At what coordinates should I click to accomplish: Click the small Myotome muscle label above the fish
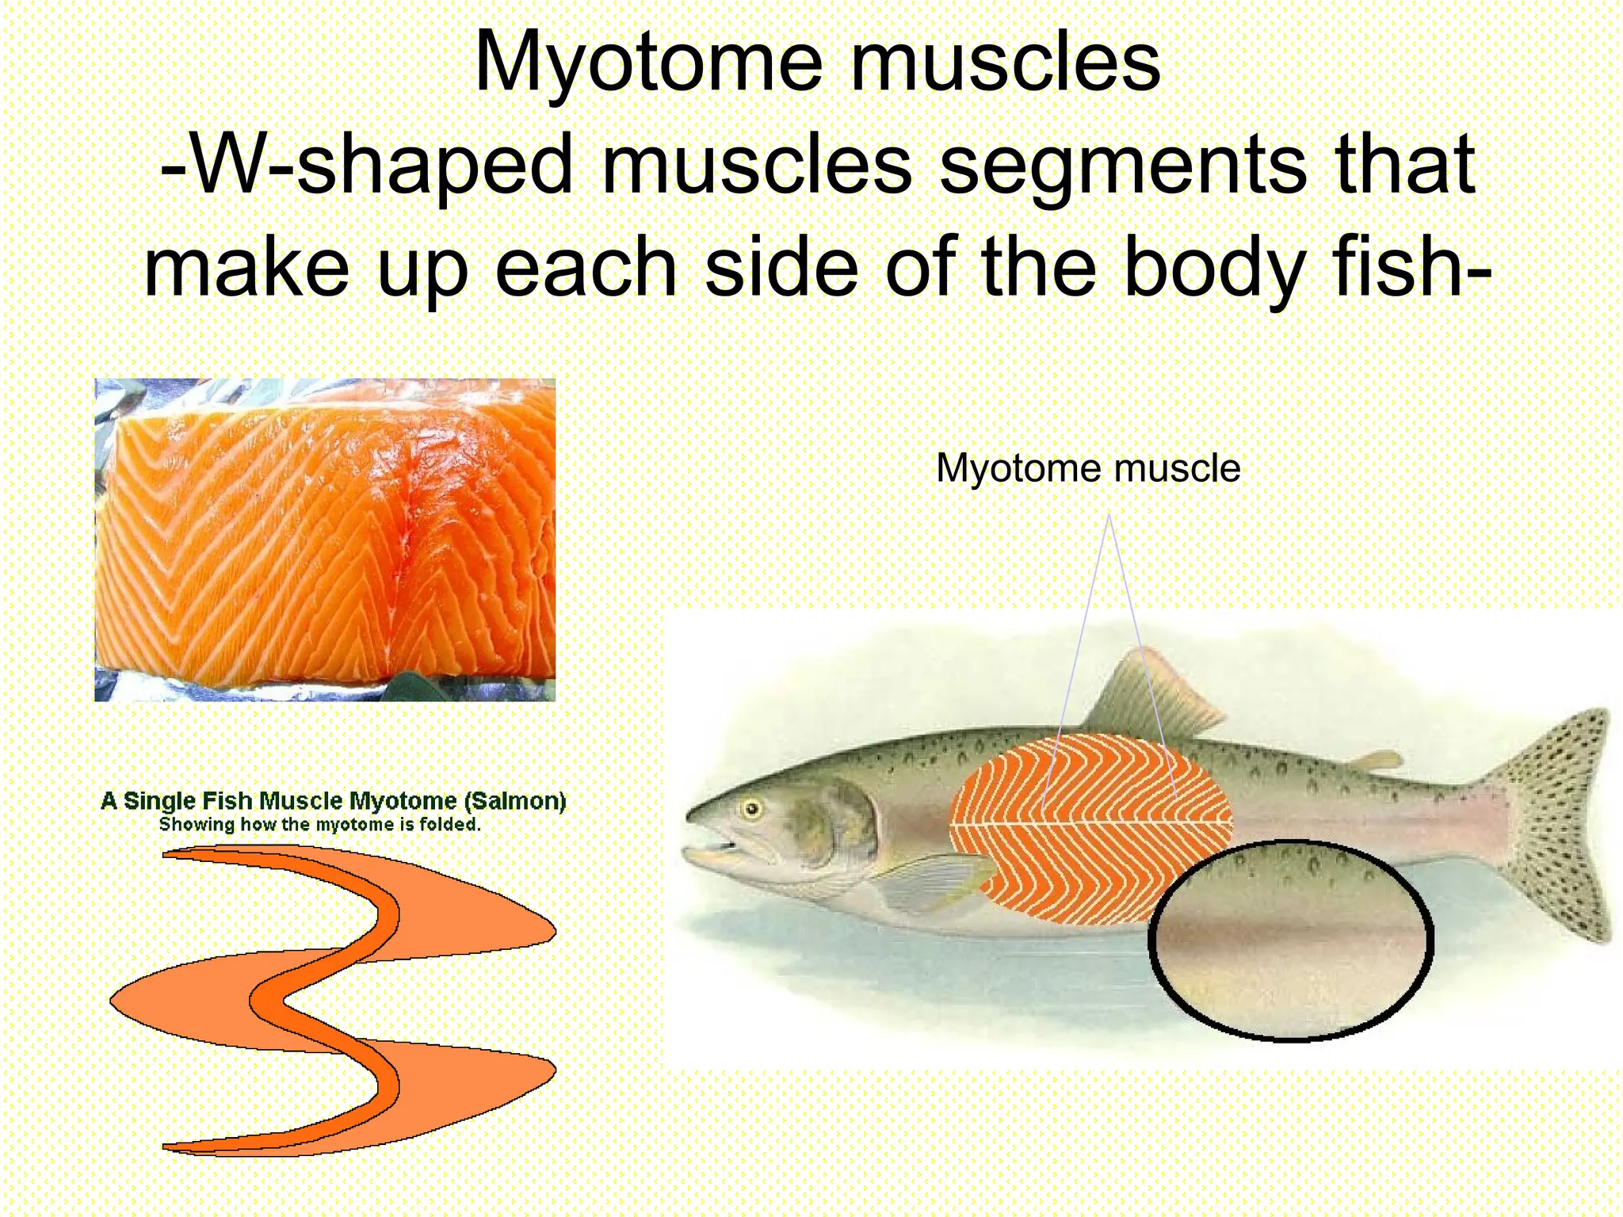(x=1087, y=468)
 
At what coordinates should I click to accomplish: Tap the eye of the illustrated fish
(x=750, y=809)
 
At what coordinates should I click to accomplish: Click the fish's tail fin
(x=1553, y=824)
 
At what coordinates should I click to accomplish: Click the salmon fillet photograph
(x=325, y=540)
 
